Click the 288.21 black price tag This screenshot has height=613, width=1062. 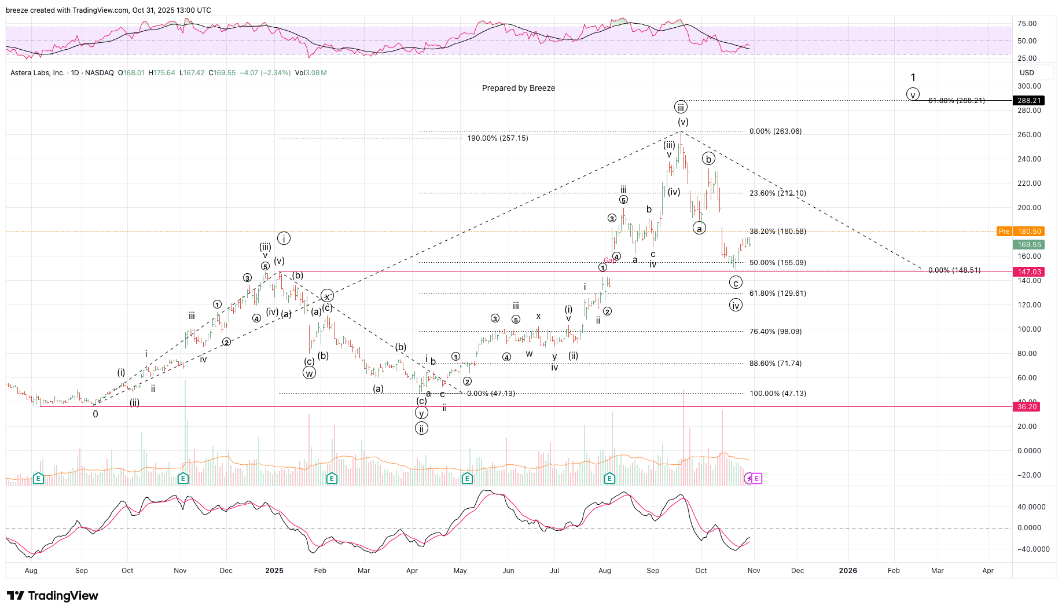[1028, 101]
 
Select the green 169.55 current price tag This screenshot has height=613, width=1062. [1028, 245]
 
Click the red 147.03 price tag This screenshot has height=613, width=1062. [1028, 272]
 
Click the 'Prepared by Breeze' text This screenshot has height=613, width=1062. [519, 88]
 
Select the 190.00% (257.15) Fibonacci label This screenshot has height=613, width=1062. [498, 138]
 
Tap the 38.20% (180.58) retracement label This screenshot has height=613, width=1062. [777, 232]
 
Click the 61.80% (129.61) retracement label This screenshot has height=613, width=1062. [777, 293]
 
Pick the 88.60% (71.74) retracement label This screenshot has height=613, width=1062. [776, 364]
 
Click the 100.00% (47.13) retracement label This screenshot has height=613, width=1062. [778, 394]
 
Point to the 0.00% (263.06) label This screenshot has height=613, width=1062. [776, 131]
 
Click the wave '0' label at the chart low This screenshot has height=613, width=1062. [95, 414]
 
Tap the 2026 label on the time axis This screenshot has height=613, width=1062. [848, 571]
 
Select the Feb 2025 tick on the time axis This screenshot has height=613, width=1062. [320, 571]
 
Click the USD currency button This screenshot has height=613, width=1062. [1027, 73]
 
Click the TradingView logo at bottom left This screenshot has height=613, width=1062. [53, 596]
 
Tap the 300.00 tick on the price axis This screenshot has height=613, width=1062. [1029, 86]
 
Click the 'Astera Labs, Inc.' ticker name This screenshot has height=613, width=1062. [38, 73]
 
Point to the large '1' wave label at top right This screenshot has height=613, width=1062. [913, 78]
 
